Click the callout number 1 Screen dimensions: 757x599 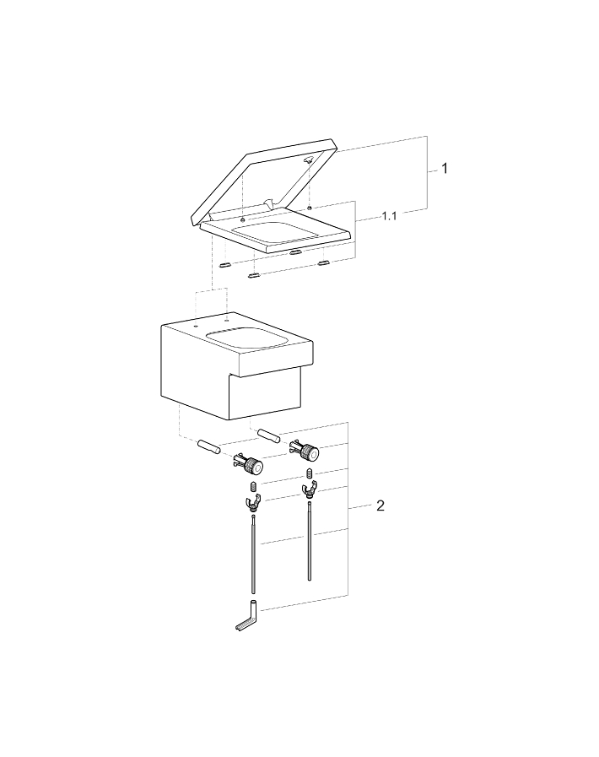pos(444,169)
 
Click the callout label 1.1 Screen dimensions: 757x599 pos(389,217)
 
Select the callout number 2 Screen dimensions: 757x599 pos(380,506)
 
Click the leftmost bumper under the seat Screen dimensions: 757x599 pos(225,263)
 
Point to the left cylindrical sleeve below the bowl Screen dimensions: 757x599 pos(208,446)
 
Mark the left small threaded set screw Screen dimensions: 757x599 pos(253,488)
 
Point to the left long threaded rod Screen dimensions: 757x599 pos(252,557)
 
